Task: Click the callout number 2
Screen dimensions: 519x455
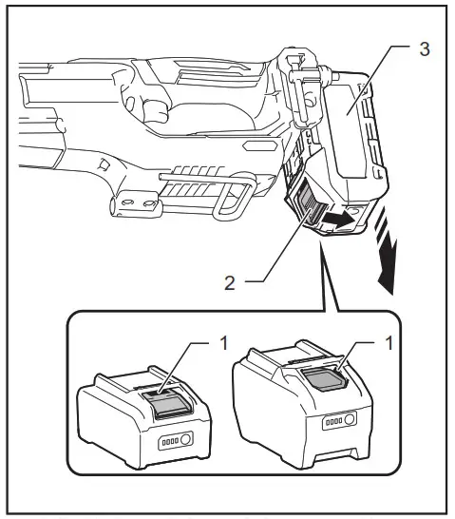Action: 229,282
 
